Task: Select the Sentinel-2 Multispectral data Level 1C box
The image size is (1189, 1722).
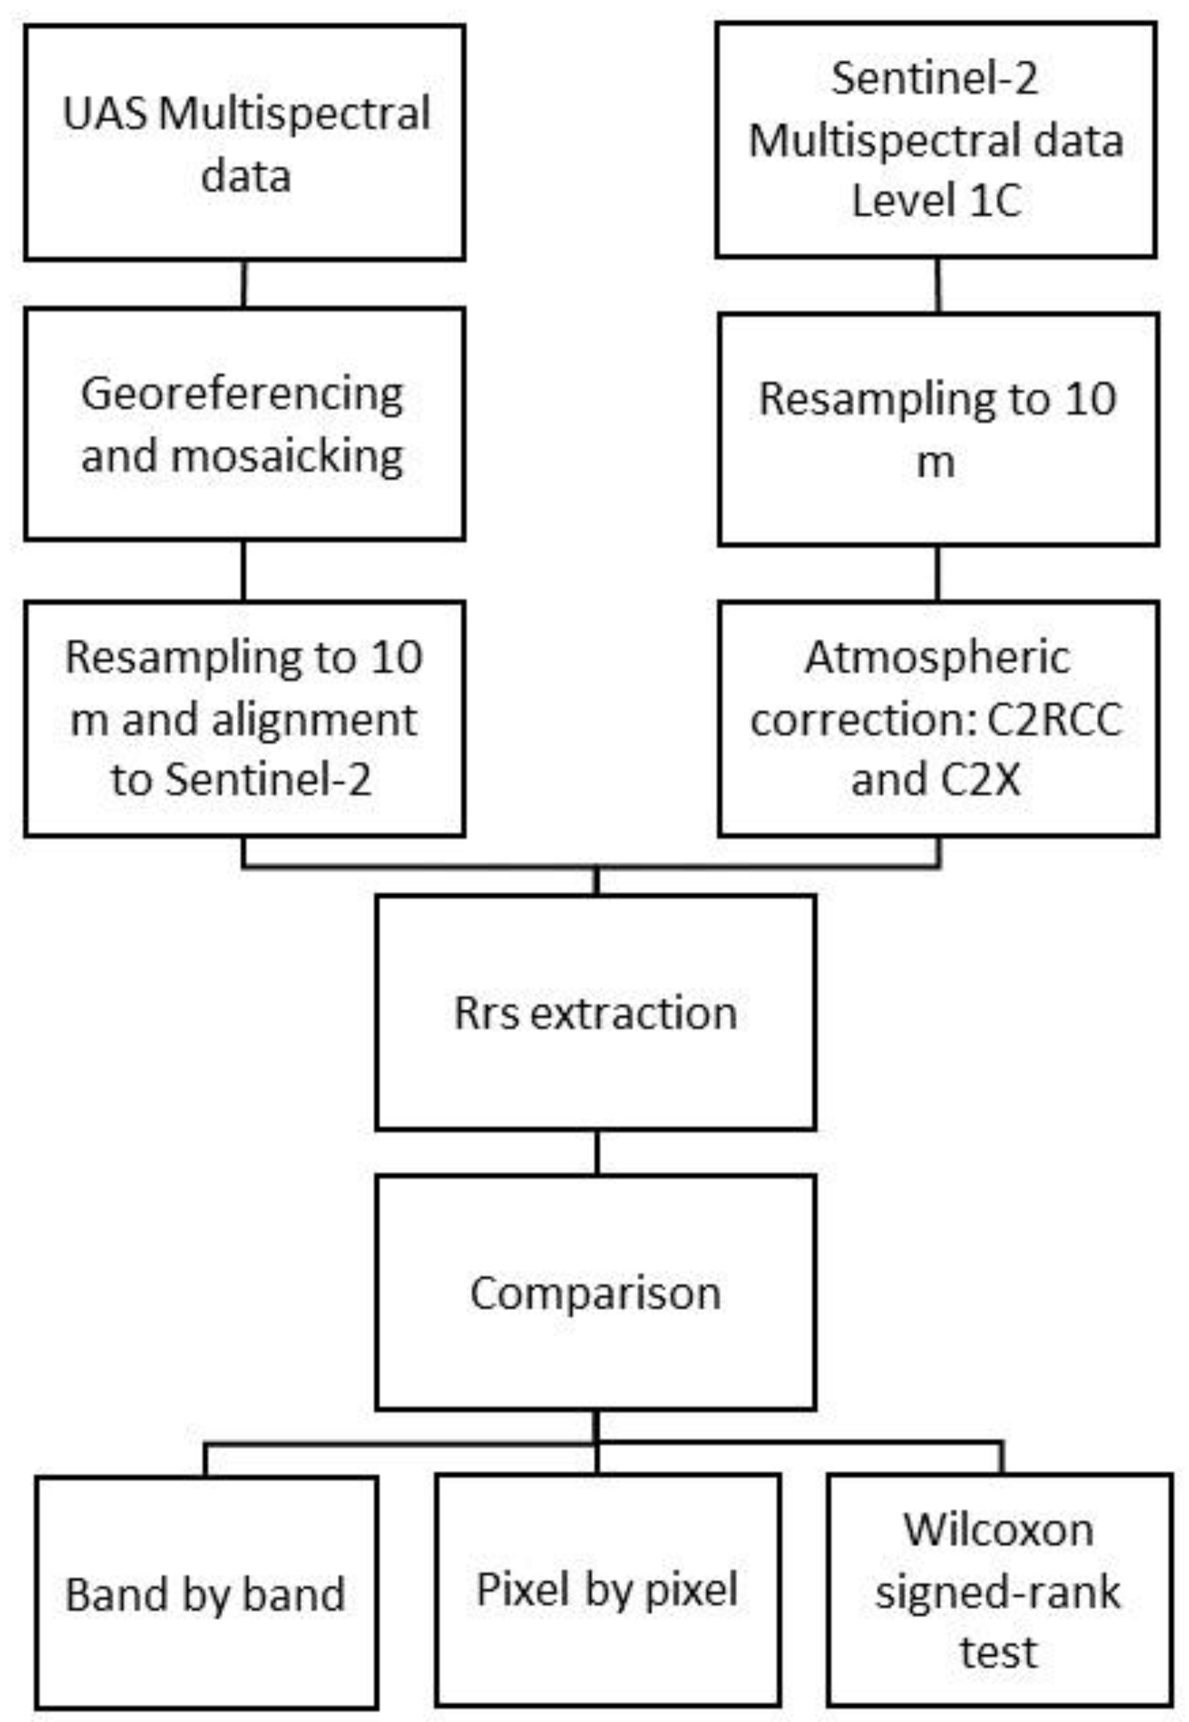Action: [936, 140]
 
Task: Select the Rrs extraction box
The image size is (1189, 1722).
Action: [596, 1014]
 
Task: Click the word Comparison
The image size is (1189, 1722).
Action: [596, 1293]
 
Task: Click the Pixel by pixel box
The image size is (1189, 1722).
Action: [607, 1589]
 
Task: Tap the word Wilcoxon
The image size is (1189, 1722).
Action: [998, 1529]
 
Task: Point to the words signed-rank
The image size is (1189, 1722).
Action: [997, 1592]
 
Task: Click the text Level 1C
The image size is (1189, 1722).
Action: [936, 201]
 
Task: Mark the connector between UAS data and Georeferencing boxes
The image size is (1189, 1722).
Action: [244, 284]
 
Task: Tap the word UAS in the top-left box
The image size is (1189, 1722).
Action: [104, 114]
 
